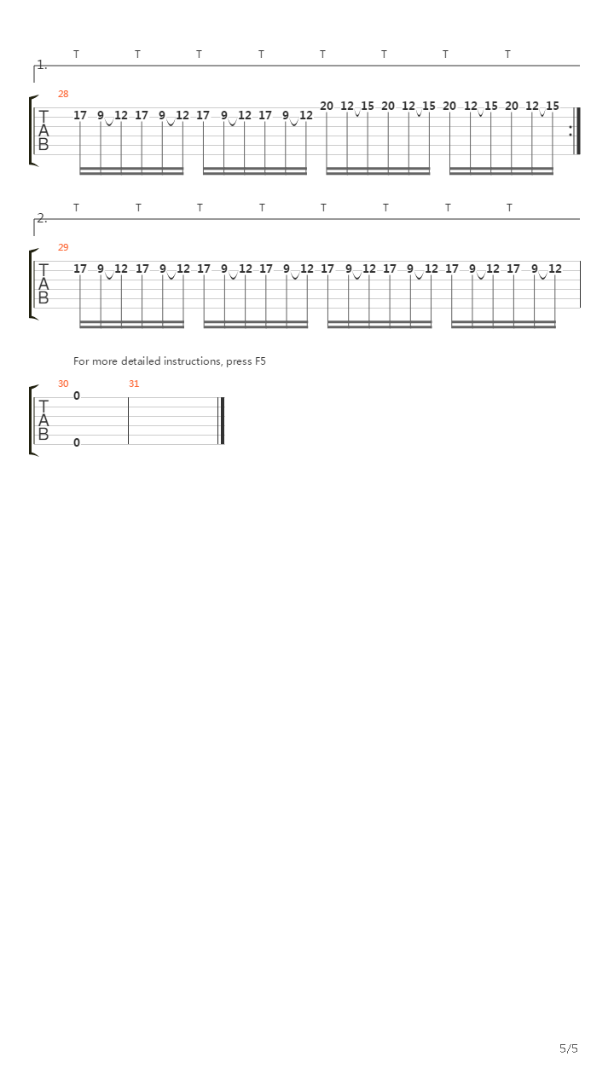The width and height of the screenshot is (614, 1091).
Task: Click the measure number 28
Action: (63, 94)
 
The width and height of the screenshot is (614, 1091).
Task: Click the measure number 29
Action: (63, 247)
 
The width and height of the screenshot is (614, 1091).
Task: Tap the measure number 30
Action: (63, 384)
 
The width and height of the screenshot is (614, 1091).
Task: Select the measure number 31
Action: (134, 384)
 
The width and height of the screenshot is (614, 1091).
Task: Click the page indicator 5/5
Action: (569, 1048)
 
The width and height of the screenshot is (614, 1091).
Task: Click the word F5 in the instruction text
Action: (260, 361)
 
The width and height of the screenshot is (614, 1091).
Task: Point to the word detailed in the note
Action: (141, 361)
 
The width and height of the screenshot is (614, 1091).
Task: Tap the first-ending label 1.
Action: (43, 65)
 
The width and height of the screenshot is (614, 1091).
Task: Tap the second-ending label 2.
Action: (43, 218)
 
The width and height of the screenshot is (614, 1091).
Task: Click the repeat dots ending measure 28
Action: (571, 131)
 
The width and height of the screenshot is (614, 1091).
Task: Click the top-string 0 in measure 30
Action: (77, 396)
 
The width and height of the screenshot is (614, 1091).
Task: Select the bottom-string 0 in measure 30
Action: (77, 442)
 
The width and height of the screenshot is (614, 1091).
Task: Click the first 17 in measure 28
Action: (80, 115)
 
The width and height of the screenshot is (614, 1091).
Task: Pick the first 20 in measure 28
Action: (327, 107)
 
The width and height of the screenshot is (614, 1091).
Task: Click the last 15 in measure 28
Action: (552, 107)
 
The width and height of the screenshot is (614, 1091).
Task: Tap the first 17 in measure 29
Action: (80, 268)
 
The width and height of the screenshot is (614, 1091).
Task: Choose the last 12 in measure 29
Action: (555, 268)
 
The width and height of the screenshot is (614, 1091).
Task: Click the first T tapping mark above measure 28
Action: (77, 54)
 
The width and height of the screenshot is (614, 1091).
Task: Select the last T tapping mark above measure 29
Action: (509, 207)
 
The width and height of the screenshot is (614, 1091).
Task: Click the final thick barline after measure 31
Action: (223, 421)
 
